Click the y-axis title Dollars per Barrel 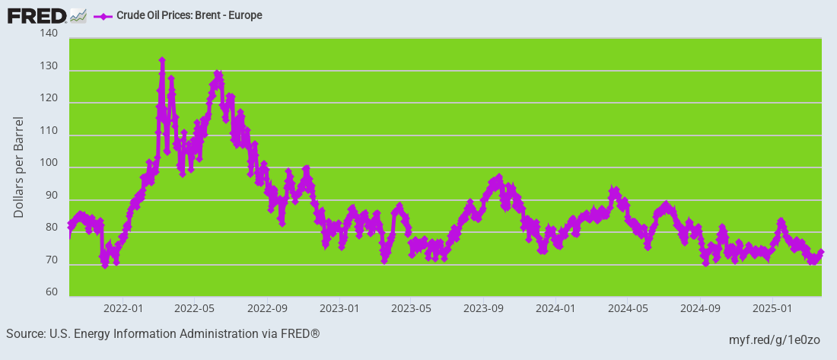[x=19, y=167]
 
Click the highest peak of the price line [x=162, y=60]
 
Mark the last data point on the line [x=821, y=252]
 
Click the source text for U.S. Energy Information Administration [x=163, y=334]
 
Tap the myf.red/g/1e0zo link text [x=774, y=339]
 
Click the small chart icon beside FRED [x=78, y=15]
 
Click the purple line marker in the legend [x=102, y=15]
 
